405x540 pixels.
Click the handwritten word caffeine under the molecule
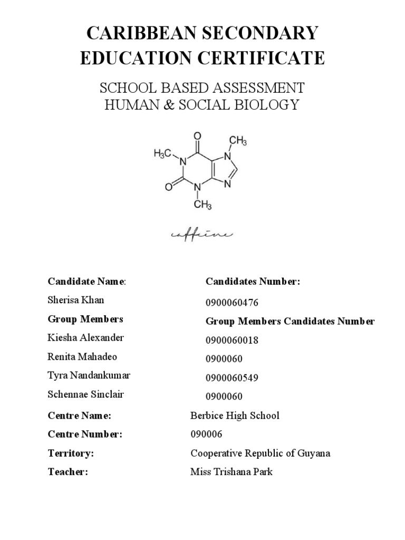point(201,234)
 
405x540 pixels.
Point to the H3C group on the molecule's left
point(163,153)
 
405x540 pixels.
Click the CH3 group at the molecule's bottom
point(202,205)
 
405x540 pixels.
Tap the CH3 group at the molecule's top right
point(238,141)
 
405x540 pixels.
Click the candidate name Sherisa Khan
point(76,300)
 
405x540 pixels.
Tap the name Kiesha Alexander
point(85,337)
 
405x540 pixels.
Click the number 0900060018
point(232,341)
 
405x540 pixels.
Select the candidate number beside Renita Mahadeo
point(224,359)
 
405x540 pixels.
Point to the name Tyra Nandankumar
point(89,375)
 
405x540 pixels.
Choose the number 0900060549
point(232,378)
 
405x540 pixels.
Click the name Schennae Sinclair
point(86,394)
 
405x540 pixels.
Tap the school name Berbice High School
point(235,416)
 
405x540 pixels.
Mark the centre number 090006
point(206,435)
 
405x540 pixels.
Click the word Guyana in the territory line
point(315,454)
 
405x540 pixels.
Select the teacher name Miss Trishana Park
point(231,472)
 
